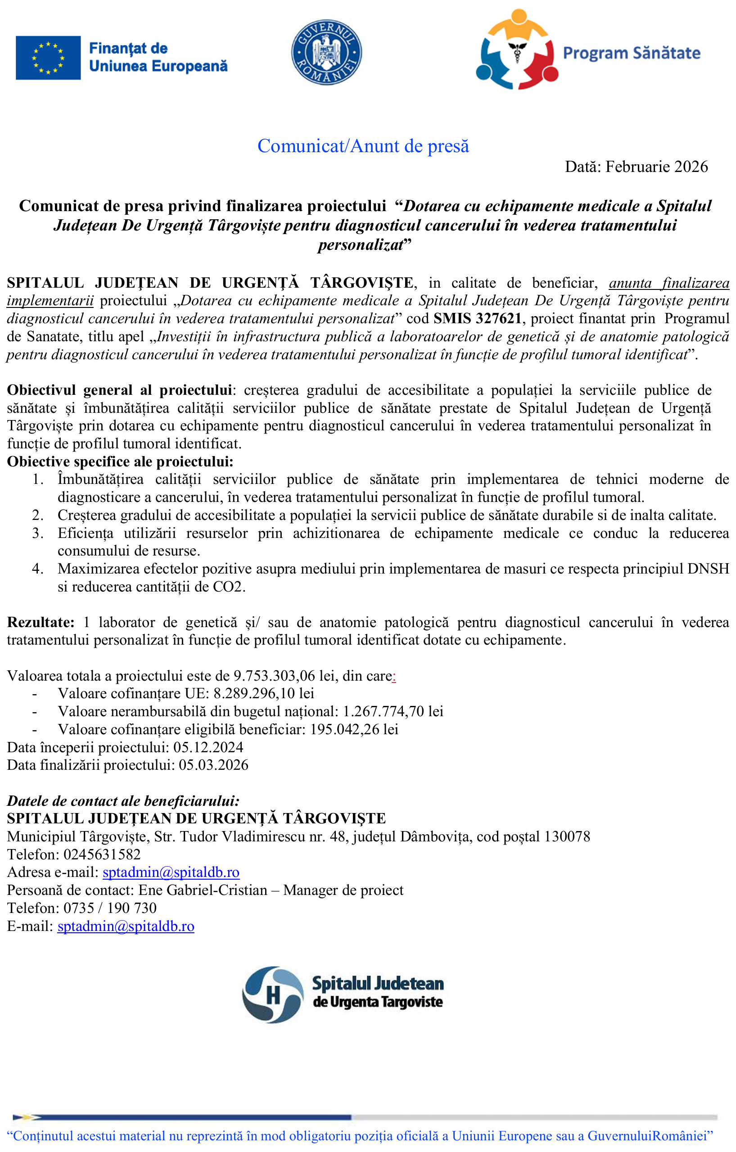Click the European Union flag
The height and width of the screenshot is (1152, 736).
point(48,58)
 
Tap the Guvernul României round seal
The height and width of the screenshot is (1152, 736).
point(326,52)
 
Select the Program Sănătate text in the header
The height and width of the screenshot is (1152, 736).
point(631,53)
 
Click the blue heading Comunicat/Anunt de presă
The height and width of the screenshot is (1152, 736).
point(363,146)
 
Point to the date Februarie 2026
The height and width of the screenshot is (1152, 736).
point(656,167)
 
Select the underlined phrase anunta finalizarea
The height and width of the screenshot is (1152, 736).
point(668,283)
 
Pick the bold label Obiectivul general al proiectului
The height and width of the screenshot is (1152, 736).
point(120,390)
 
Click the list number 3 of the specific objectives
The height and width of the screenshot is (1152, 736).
point(37,533)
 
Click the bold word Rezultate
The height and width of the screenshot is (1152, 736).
point(41,623)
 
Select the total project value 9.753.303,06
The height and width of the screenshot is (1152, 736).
point(275,676)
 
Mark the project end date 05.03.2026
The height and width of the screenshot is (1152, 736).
point(213,765)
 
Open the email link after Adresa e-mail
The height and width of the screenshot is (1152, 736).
point(171,872)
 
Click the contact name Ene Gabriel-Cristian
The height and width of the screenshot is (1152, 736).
point(203,890)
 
